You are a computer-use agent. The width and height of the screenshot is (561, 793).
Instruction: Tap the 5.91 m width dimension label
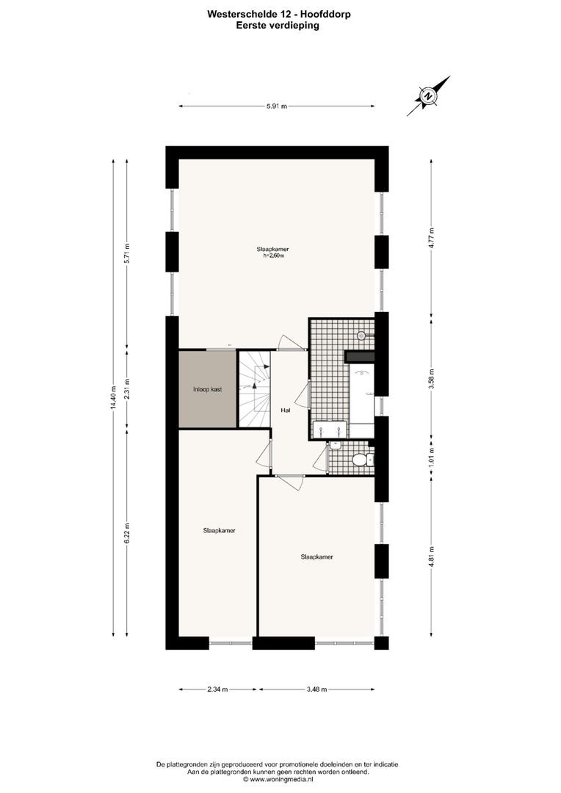tap(277, 106)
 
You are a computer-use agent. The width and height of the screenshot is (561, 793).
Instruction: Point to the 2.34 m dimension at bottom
tap(217, 689)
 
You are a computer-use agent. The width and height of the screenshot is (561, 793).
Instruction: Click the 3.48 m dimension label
tap(316, 689)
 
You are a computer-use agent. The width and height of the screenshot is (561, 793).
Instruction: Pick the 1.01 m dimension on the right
tap(431, 457)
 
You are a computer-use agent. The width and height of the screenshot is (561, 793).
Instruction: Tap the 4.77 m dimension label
tap(431, 236)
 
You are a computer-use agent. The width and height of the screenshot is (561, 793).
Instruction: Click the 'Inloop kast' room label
tap(206, 389)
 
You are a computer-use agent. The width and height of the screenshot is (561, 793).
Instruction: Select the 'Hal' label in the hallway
tap(285, 410)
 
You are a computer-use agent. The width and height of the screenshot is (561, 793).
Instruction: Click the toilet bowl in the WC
tap(360, 460)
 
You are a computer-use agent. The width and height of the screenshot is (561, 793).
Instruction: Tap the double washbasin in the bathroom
tap(330, 430)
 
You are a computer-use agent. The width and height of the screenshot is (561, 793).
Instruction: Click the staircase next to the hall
tap(254, 389)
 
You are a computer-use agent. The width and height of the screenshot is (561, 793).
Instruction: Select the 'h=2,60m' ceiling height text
tap(273, 256)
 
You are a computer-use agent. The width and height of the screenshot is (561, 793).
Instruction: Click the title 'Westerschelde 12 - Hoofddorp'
tap(278, 12)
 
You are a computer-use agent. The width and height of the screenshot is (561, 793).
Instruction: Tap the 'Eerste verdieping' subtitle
tap(278, 24)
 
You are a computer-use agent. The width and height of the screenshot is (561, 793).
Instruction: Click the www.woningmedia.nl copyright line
tap(278, 780)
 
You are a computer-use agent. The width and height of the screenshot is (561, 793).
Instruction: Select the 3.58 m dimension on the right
tap(431, 379)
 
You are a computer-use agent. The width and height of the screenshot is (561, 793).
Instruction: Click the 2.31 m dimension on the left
tap(127, 387)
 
